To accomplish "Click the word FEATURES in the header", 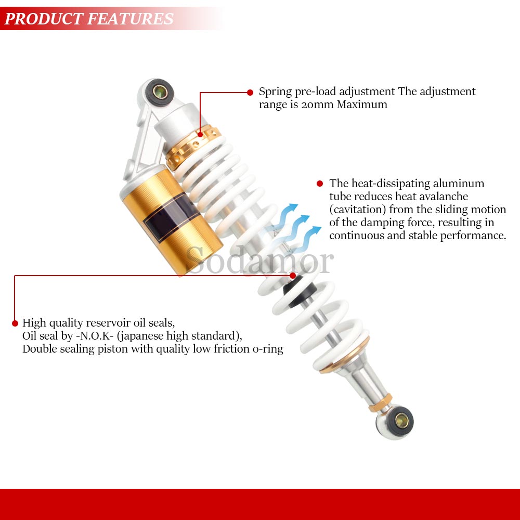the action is click(131, 19).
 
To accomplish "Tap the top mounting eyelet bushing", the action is click(160, 92).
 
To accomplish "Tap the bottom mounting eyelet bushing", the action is click(401, 421).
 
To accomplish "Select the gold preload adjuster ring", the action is click(192, 147).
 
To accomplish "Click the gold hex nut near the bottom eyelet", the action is click(381, 402).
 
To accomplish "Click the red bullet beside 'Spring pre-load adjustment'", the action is click(250, 93).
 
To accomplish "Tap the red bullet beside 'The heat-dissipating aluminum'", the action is click(320, 184).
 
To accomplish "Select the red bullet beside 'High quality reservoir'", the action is click(15, 323).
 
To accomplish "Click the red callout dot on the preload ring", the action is click(200, 135).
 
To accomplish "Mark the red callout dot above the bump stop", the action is click(292, 276).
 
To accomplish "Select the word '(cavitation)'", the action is click(358, 210).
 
